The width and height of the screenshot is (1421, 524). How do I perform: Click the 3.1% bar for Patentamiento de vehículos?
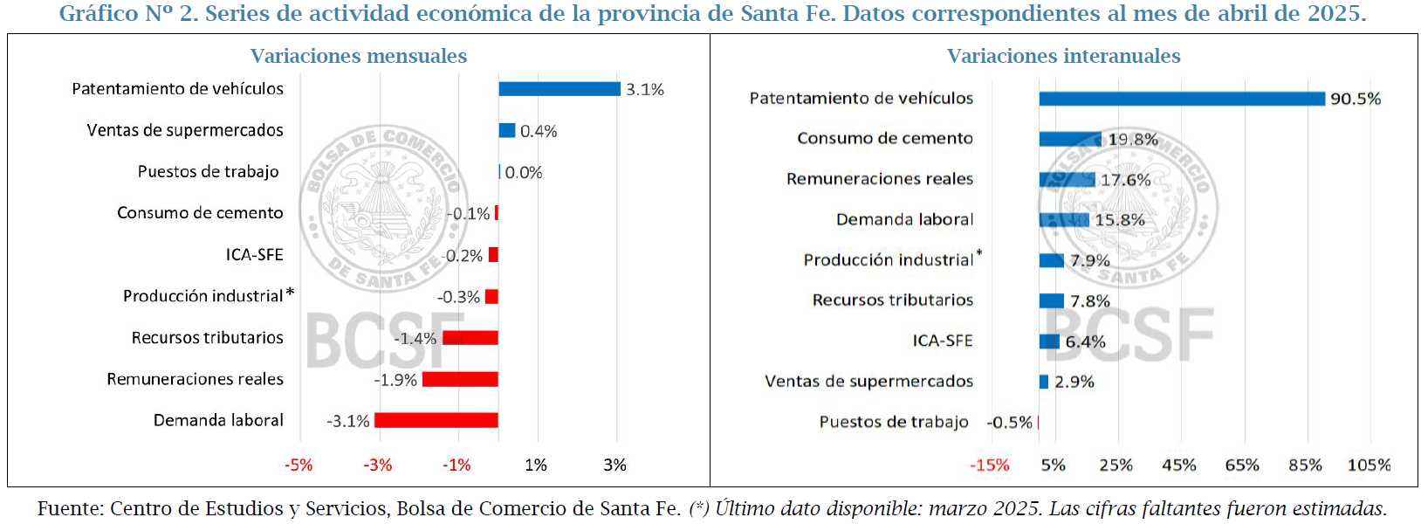(x=559, y=89)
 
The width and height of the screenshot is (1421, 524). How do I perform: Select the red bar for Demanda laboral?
(x=436, y=420)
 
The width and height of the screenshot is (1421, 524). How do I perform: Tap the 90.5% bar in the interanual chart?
(x=1181, y=99)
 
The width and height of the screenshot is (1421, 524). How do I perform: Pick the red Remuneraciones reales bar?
(x=459, y=379)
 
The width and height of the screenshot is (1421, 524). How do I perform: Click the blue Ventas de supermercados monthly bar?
(x=506, y=130)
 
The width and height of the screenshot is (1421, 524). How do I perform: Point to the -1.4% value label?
(x=415, y=338)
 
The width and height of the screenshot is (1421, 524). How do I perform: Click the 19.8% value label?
(x=1132, y=140)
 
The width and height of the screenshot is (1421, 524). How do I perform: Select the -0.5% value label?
(x=1009, y=423)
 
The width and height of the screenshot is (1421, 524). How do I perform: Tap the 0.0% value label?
(x=524, y=173)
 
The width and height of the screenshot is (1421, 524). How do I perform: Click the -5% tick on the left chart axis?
(x=299, y=465)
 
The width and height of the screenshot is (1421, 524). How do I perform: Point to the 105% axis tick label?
(x=1369, y=465)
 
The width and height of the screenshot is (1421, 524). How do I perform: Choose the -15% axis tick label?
(x=989, y=465)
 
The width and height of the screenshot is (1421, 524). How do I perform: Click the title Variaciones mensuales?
(x=359, y=56)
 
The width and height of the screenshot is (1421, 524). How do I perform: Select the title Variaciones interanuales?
(x=1063, y=56)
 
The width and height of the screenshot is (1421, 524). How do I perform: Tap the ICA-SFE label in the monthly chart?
(x=254, y=255)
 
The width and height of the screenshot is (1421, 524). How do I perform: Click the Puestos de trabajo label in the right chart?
(x=893, y=422)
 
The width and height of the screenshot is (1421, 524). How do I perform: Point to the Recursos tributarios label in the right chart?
(x=892, y=300)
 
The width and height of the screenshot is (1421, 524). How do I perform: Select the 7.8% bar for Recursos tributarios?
(x=1051, y=301)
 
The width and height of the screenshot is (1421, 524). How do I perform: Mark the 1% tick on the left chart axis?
(x=535, y=465)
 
